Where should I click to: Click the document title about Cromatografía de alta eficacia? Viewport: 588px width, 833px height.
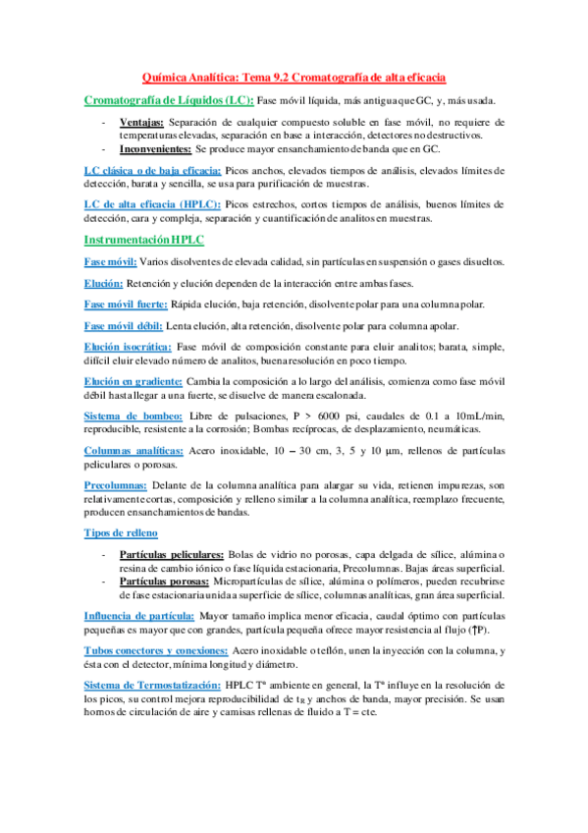click(x=294, y=78)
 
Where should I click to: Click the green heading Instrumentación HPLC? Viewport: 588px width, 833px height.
click(x=144, y=239)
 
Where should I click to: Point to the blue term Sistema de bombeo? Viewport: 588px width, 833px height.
click(x=133, y=416)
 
